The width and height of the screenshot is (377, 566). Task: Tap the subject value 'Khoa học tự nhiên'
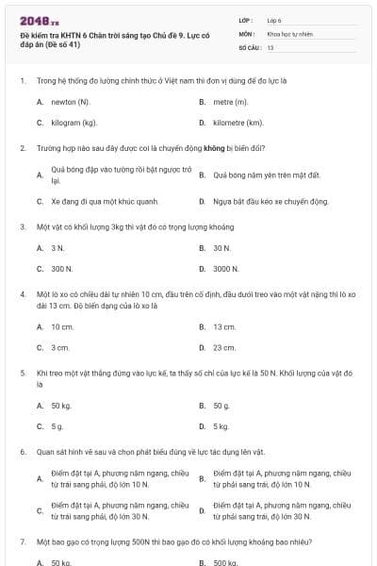(288, 33)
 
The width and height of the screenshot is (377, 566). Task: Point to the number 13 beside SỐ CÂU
(270, 46)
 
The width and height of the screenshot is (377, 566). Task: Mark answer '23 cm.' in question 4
(224, 348)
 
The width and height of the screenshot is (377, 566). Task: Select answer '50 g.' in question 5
(221, 405)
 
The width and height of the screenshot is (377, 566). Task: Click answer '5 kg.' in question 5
(221, 426)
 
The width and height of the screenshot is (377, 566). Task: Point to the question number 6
(22, 452)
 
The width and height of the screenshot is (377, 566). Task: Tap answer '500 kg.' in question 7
(225, 562)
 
